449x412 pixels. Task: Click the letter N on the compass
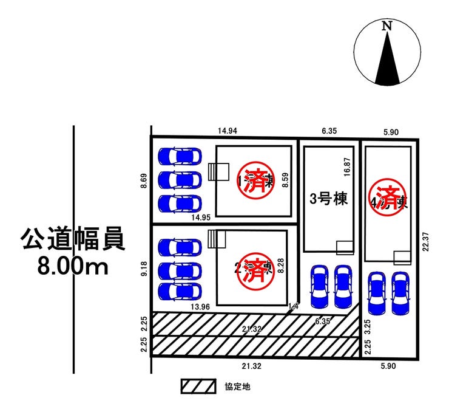tap(387, 26)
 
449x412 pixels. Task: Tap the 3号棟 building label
tap(328, 199)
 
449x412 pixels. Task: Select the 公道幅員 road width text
tap(73, 239)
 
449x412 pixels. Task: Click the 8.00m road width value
tap(72, 266)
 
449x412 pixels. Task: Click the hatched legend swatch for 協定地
tap(198, 386)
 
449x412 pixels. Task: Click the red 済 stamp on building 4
tap(386, 194)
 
